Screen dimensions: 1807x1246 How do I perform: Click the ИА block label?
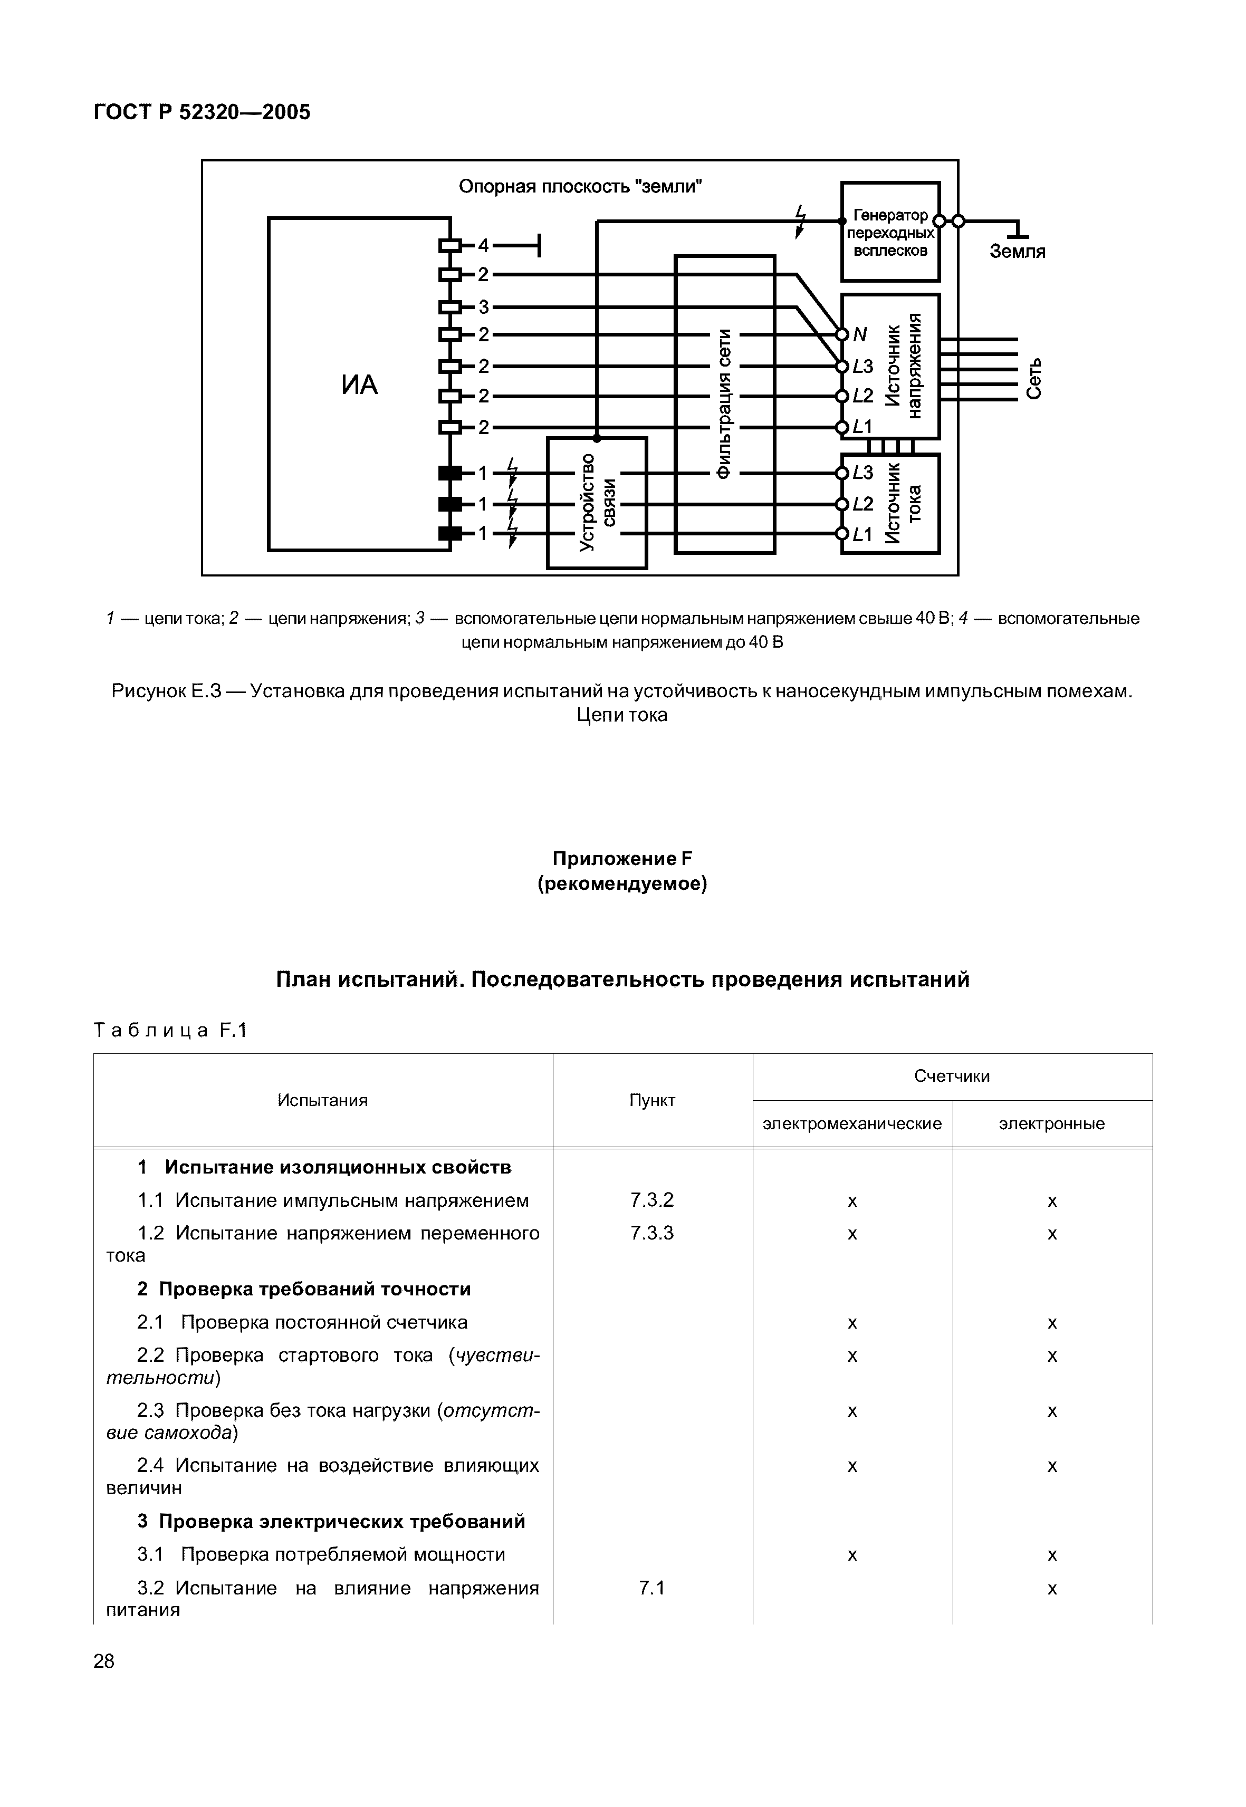[359, 385]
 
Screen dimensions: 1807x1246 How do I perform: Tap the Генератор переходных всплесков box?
[890, 233]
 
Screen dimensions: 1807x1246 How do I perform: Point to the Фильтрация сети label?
[724, 403]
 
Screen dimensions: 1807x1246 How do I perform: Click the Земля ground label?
[1017, 252]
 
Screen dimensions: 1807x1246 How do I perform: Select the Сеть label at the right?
[1033, 379]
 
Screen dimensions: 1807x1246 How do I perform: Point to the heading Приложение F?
[622, 859]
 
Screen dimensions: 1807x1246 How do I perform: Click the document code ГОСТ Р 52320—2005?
[202, 112]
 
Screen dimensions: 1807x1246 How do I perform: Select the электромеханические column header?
[852, 1123]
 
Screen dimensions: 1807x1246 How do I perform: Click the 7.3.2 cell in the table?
[652, 1200]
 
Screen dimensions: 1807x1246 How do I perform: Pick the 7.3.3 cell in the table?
[652, 1233]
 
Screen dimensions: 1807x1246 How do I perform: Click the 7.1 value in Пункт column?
[652, 1588]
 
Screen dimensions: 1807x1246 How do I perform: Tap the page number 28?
[104, 1661]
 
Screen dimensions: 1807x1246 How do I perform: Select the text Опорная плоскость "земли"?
[580, 187]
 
